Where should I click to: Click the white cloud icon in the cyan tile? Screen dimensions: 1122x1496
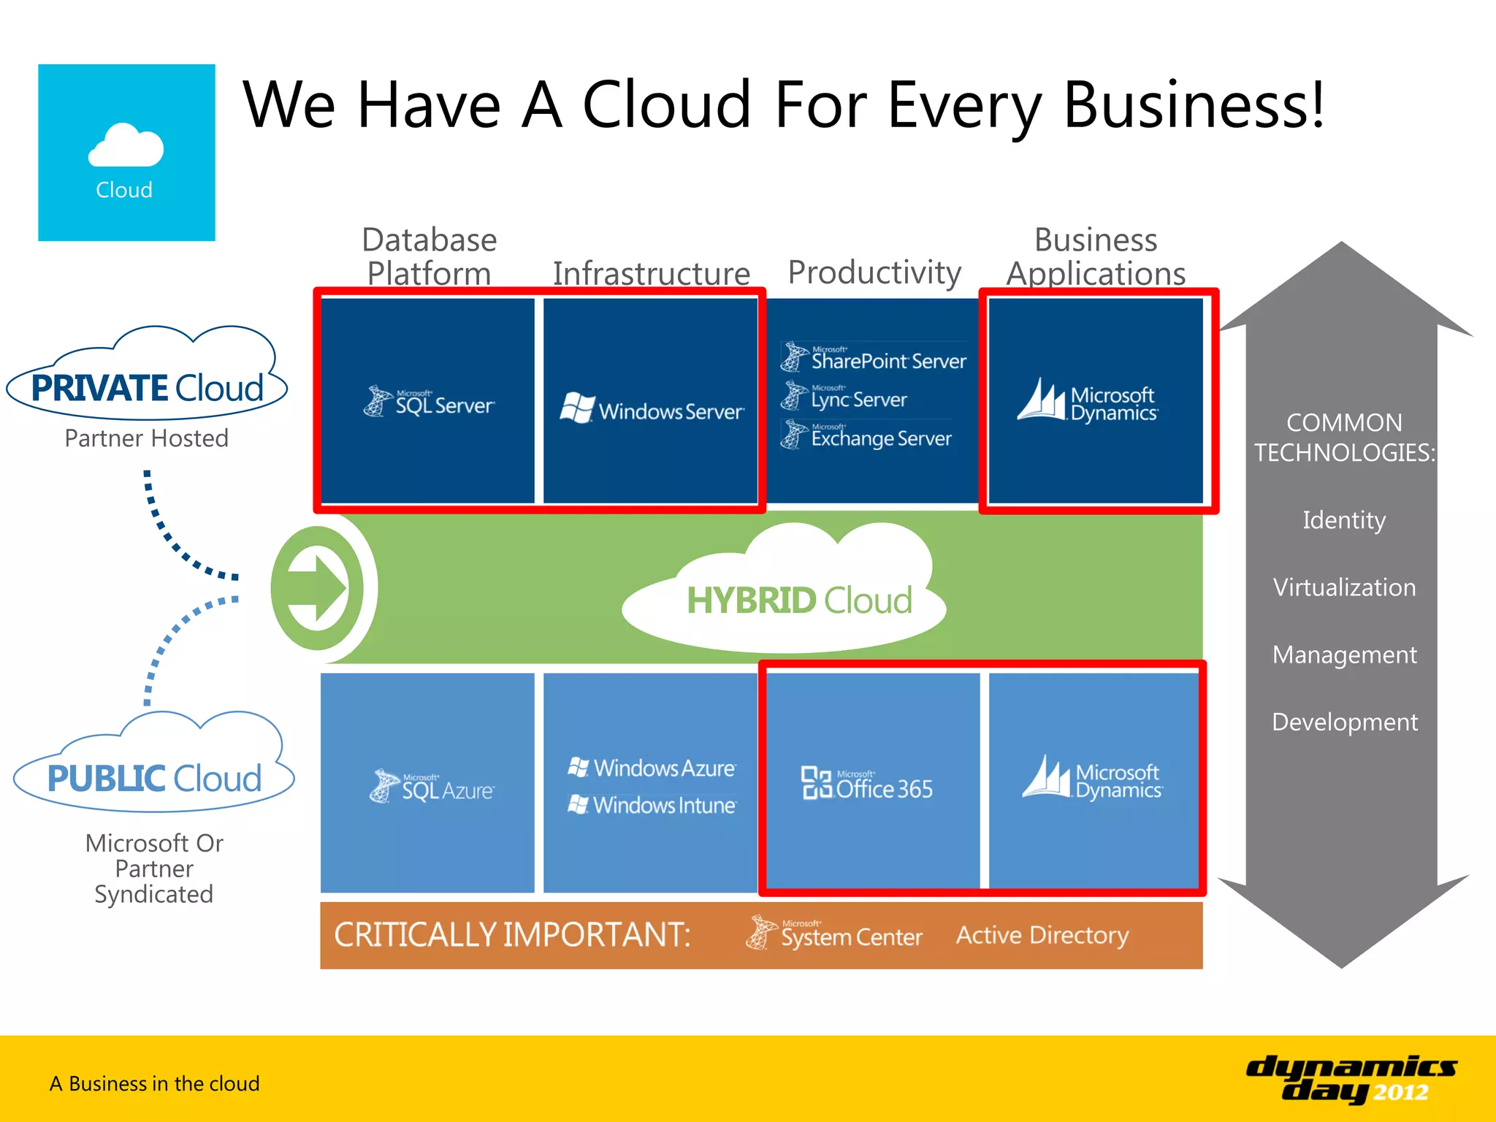pos(126,145)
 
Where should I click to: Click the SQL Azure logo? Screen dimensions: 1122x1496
pos(432,787)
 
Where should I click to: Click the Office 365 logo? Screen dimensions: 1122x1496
pos(867,785)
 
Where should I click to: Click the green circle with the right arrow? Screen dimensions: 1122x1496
pos(318,588)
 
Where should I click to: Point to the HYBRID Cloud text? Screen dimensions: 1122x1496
pos(799,600)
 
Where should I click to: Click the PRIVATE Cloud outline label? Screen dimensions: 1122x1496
pos(147,387)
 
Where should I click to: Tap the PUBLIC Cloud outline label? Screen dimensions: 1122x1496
pos(154,778)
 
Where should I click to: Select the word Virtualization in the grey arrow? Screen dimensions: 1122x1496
pos(1344,587)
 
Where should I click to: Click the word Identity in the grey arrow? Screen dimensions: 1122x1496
pos(1344,520)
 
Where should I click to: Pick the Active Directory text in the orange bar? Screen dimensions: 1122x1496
pos(1042,935)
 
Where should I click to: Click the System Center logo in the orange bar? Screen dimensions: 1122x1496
pos(834,934)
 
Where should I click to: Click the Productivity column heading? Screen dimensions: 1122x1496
pos(874,272)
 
